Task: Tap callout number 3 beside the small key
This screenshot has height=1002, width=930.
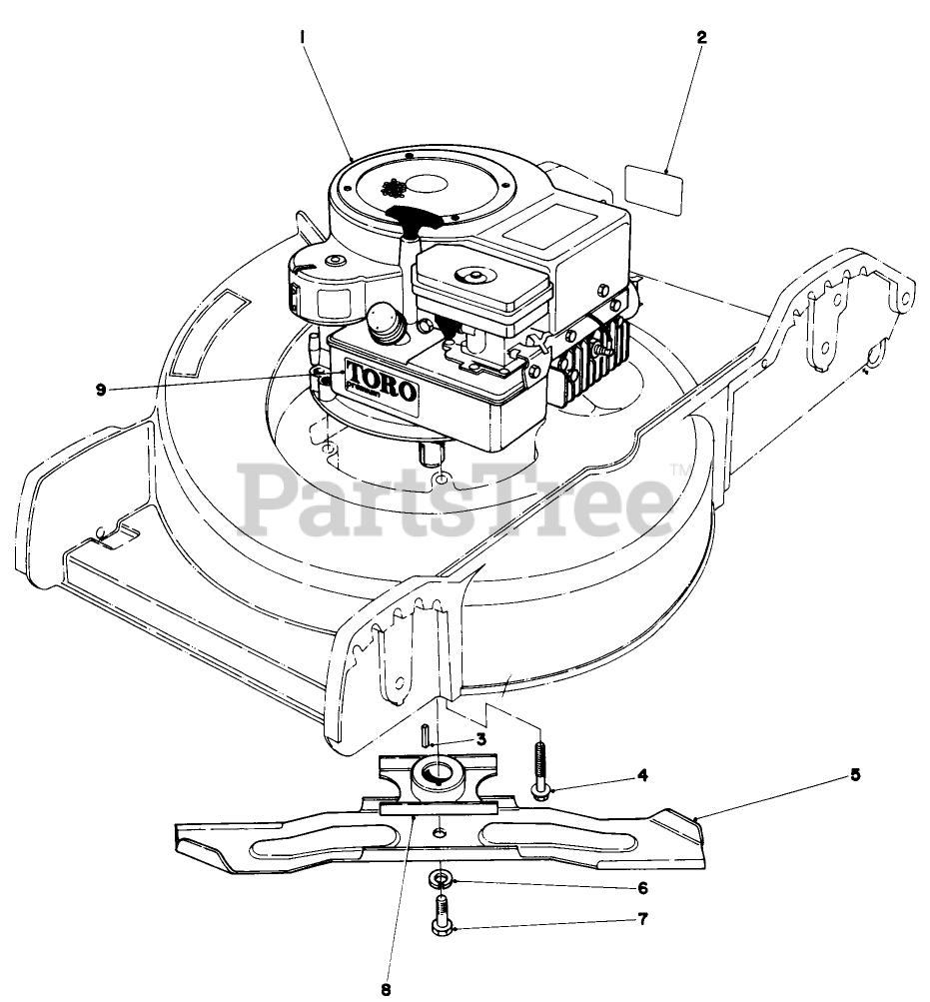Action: [480, 739]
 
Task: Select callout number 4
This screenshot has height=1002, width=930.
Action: [643, 774]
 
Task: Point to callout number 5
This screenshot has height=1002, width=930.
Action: [855, 774]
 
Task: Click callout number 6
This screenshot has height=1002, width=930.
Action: [643, 888]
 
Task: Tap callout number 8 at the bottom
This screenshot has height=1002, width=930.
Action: [386, 990]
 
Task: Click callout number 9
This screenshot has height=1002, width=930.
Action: [101, 390]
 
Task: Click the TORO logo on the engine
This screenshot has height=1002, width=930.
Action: [380, 379]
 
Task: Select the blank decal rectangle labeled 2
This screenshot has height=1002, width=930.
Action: [652, 189]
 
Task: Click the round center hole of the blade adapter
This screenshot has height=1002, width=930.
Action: [436, 770]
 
